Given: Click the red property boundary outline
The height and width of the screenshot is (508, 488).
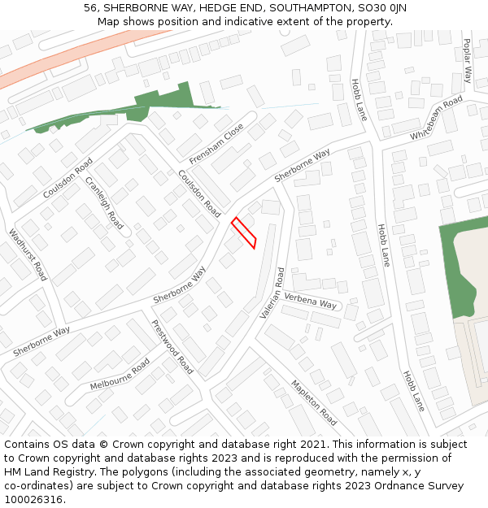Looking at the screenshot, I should (x=244, y=232).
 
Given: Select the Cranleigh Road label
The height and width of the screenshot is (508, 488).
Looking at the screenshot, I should (x=104, y=202).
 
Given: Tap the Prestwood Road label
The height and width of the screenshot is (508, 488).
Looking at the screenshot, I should (x=172, y=345).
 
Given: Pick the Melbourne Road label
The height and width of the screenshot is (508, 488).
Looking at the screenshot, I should (x=120, y=374).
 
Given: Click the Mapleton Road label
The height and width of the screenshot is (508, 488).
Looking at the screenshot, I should (x=314, y=402).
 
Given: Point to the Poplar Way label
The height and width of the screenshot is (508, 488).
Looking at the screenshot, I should (x=468, y=61).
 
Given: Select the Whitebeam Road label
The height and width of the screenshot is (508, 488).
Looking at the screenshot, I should (x=437, y=117).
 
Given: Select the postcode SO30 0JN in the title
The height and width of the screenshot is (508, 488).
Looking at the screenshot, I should (x=381, y=8).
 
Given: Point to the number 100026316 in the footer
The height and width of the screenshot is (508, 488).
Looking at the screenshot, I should (x=33, y=499).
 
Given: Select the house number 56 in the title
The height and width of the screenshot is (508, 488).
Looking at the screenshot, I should (x=90, y=8).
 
